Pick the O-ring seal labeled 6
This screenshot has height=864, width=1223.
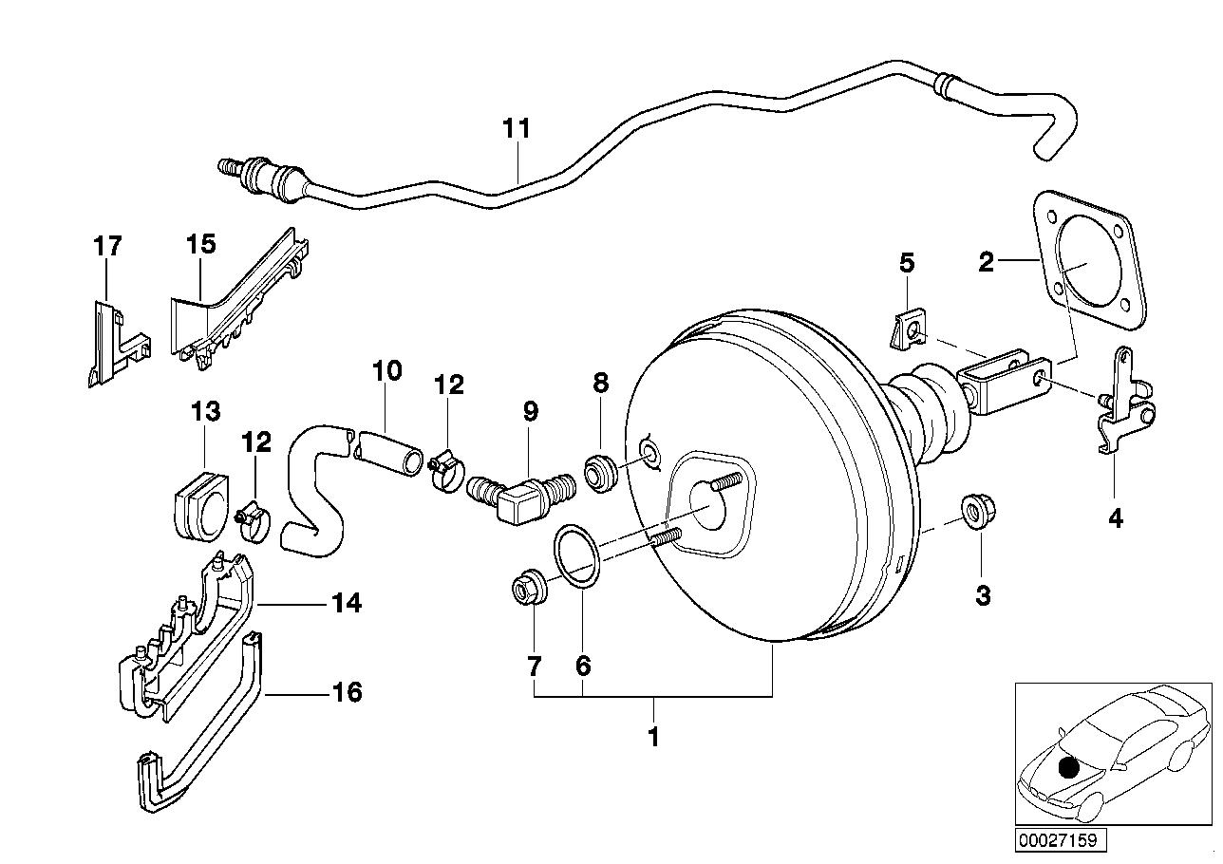(x=577, y=555)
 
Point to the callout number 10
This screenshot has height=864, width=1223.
(x=386, y=370)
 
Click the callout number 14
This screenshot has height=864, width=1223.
(x=348, y=603)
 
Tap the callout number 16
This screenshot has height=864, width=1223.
(x=348, y=693)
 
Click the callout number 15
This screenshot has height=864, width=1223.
(x=200, y=244)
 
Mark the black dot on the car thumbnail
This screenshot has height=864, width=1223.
(x=1069, y=768)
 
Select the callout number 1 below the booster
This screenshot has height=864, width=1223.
(x=652, y=736)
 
